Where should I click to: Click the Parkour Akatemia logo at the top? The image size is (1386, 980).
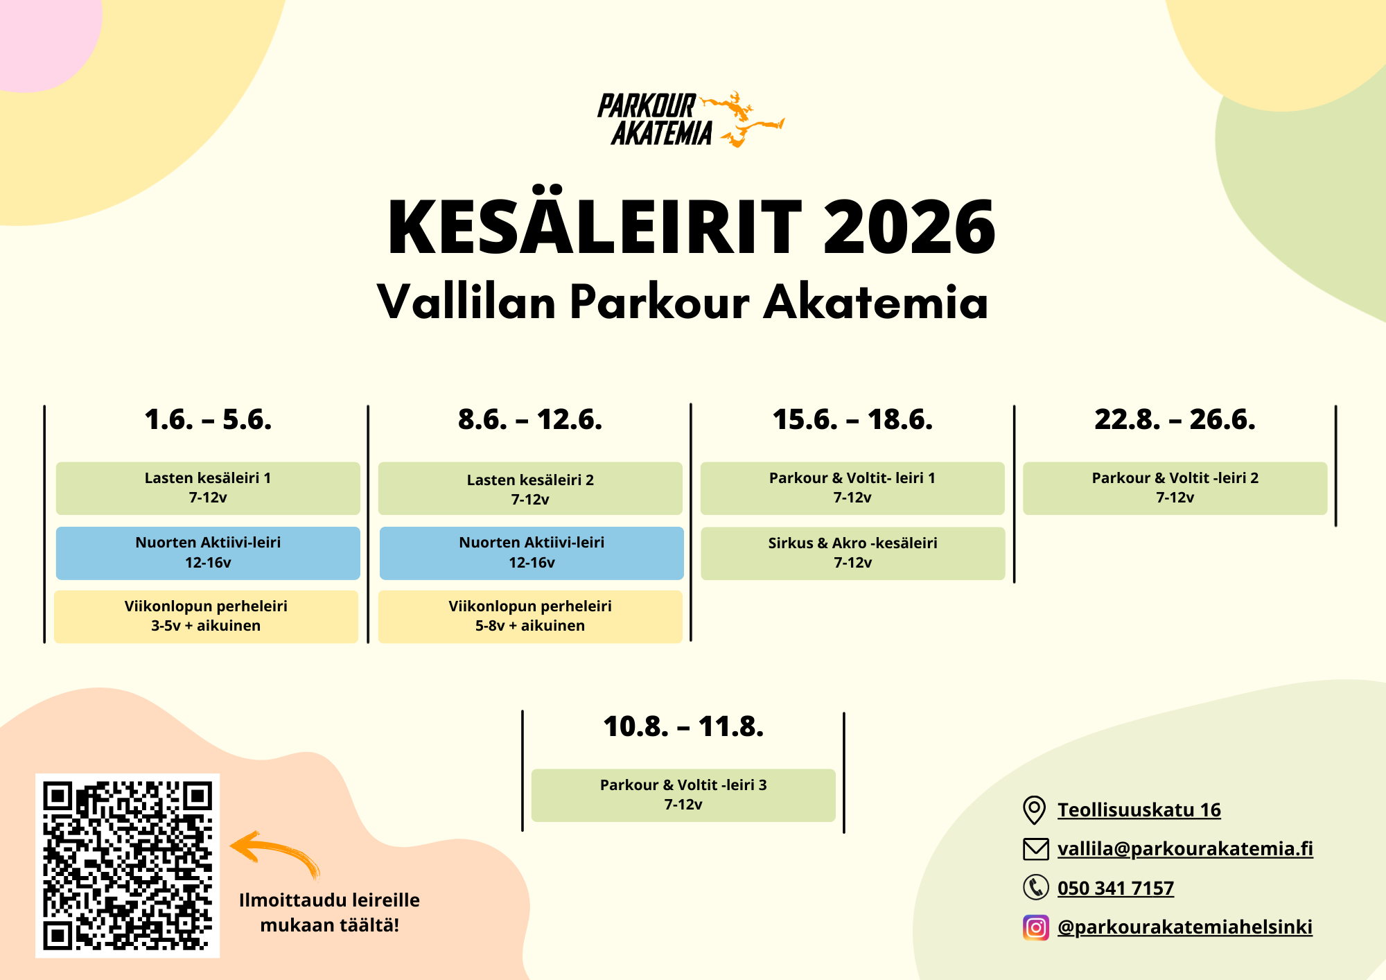point(690,119)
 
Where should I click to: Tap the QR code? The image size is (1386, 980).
point(128,866)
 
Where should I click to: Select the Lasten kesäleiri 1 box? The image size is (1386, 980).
point(208,488)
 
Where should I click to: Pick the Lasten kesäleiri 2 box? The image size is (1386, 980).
point(530,489)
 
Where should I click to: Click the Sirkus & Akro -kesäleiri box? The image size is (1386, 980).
point(852,553)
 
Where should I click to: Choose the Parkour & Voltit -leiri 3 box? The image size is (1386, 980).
point(683,795)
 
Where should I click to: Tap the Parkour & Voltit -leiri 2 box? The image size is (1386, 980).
point(1175,488)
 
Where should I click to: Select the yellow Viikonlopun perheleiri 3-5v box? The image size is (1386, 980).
point(206,616)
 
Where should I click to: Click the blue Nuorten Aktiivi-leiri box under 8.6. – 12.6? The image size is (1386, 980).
point(532,553)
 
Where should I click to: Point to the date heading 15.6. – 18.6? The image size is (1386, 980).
point(852,419)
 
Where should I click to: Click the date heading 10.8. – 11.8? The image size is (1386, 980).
point(683,726)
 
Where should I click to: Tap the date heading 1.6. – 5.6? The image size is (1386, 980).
point(208,419)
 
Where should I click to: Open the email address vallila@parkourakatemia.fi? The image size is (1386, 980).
point(1185,848)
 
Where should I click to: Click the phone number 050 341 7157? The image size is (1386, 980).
point(1116,888)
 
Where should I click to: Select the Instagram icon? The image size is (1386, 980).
point(1036,927)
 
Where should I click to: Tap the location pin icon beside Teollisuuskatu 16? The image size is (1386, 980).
point(1035,810)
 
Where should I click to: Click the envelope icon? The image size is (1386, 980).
point(1036,849)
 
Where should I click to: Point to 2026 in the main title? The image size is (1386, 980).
point(909,227)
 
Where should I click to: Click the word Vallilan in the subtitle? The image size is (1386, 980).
point(466,302)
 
